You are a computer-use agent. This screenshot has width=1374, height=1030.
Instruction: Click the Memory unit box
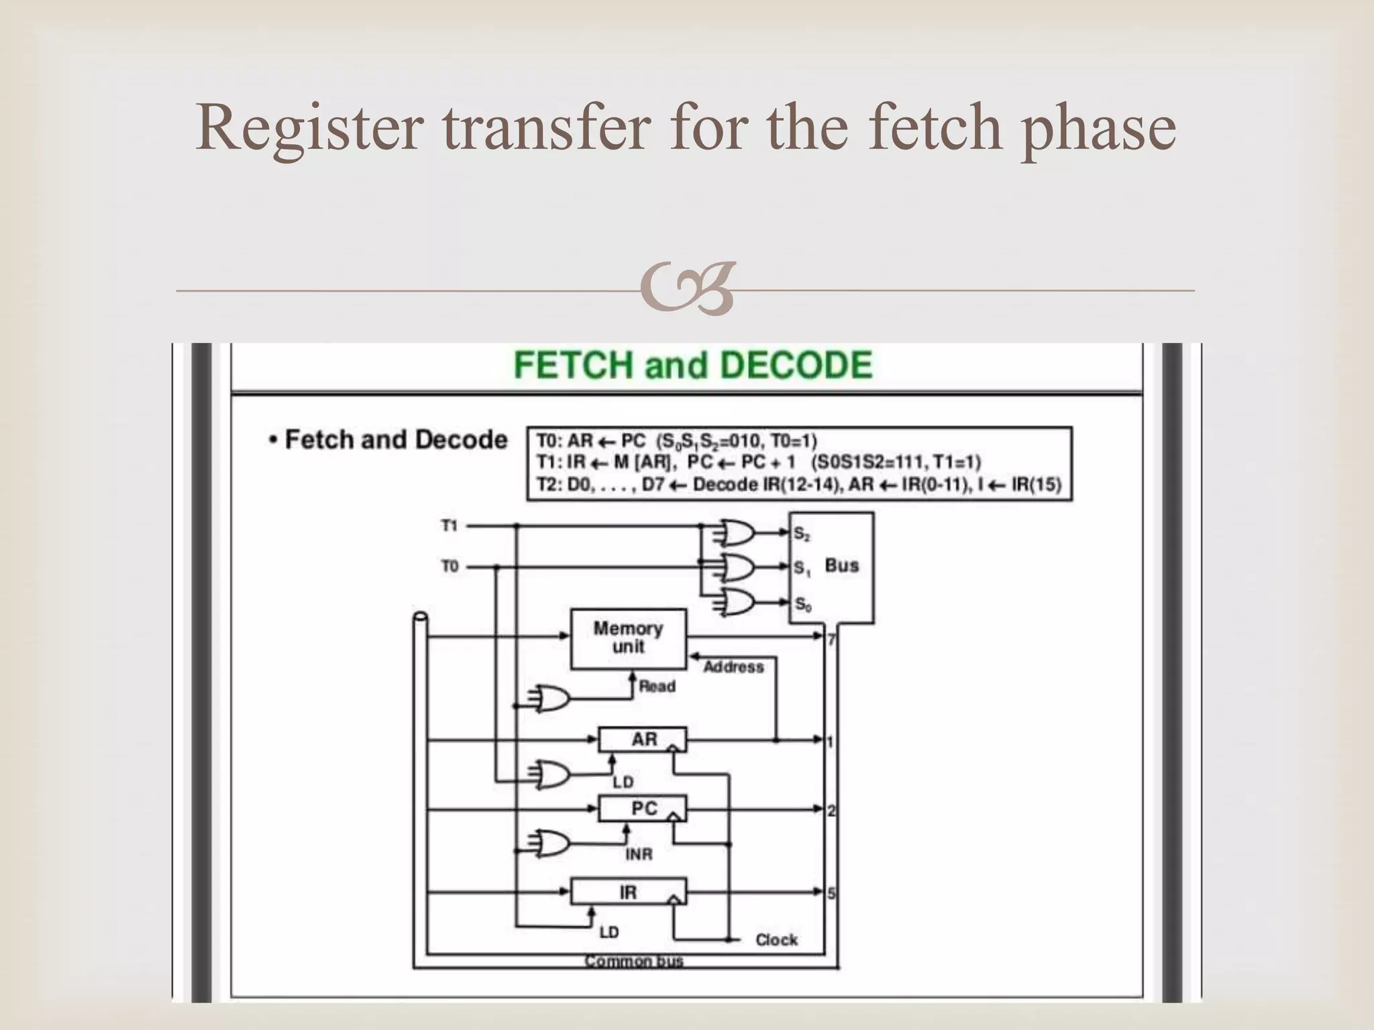coord(629,638)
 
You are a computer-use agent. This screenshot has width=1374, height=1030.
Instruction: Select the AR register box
coord(643,740)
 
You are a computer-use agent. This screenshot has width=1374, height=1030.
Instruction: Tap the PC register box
coord(643,809)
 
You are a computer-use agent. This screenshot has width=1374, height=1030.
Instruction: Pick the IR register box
coord(629,892)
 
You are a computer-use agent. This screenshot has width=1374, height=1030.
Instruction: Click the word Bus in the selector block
coord(841,565)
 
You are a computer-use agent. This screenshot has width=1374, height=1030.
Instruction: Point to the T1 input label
coord(449,526)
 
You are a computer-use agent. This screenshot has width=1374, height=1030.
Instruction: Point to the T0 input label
coord(449,567)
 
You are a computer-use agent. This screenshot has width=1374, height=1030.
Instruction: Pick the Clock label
coord(776,940)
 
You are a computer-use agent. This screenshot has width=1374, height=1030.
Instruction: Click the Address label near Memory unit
coord(734,667)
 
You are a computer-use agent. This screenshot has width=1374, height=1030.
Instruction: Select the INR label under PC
coord(639,854)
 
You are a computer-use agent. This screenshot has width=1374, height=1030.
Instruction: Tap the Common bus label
coord(634,962)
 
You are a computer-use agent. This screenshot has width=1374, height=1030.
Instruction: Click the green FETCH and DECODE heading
coord(692,365)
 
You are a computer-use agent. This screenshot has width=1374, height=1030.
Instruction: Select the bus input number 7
coord(831,640)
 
